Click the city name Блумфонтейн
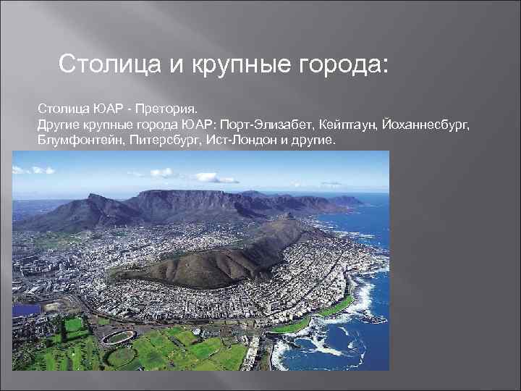point(80,139)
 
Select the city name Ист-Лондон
point(238,139)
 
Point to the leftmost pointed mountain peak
point(93,198)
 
